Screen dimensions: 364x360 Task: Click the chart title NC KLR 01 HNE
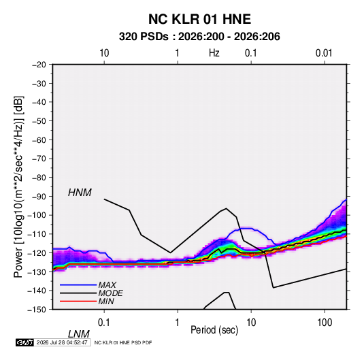point(199,19)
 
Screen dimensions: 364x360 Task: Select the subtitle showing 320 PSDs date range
point(199,37)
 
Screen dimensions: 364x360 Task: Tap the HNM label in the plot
point(80,193)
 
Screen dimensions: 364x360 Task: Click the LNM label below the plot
point(79,334)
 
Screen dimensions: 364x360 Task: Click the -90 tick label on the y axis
point(39,197)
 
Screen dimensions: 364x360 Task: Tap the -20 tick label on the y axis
point(39,65)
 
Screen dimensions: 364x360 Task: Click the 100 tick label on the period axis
point(325,323)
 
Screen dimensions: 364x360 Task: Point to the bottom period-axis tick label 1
point(178,323)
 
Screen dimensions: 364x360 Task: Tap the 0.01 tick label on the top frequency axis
point(324,53)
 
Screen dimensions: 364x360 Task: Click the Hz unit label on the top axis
point(214,53)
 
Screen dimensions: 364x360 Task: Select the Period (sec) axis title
point(214,330)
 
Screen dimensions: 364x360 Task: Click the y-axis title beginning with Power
point(18,186)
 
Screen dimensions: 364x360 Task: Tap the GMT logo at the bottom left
point(24,342)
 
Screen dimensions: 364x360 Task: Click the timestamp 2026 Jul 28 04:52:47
point(62,342)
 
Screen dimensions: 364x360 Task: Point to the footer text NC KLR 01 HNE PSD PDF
point(123,342)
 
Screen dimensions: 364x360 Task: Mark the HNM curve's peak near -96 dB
point(226,208)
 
